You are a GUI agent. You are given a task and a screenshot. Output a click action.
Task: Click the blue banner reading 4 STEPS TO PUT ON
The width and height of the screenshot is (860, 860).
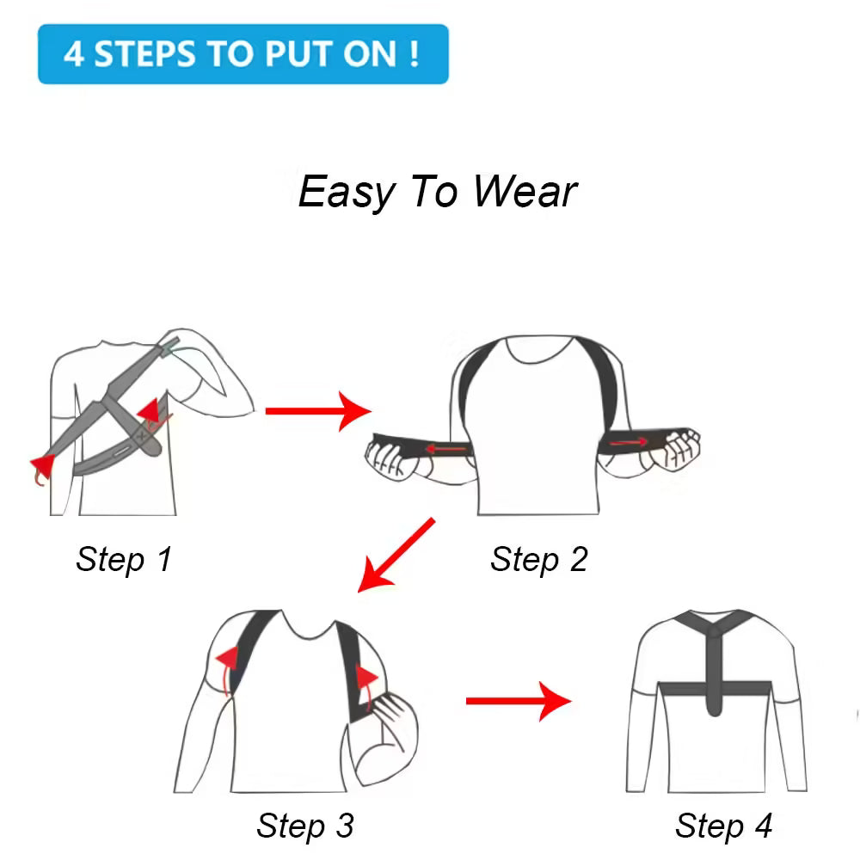[243, 53]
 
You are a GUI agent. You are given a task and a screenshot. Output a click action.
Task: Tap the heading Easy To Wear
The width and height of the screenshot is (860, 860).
[437, 191]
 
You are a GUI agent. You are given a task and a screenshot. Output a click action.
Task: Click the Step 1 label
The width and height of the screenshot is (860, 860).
[124, 559]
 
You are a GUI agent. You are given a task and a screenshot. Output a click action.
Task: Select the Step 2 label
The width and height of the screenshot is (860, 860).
[538, 559]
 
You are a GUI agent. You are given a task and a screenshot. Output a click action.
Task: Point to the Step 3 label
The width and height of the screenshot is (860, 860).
[304, 826]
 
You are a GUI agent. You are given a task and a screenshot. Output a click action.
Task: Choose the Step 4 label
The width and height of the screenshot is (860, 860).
[723, 826]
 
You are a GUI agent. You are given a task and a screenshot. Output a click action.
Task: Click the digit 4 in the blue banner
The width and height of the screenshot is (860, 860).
[75, 54]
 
